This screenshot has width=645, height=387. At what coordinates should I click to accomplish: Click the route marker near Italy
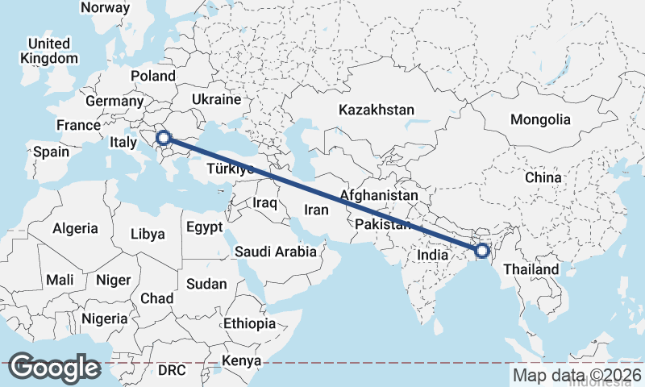click(x=164, y=139)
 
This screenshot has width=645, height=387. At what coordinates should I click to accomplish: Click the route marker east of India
click(x=481, y=251)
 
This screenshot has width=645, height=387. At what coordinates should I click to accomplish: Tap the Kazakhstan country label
click(x=377, y=110)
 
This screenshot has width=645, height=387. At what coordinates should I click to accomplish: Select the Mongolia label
click(x=540, y=119)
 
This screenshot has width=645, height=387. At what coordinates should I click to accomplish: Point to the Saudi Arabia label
click(x=276, y=252)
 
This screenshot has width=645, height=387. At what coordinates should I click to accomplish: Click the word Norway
click(x=106, y=7)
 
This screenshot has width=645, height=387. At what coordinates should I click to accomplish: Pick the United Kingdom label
click(x=50, y=51)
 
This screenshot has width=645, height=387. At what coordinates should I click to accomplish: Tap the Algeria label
click(x=75, y=228)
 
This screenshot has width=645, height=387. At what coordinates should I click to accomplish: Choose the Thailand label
click(x=531, y=269)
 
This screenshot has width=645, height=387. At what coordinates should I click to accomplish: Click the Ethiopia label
click(x=250, y=323)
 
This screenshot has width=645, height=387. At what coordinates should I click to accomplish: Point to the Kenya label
click(x=242, y=360)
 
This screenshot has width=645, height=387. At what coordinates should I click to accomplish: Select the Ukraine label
click(x=216, y=99)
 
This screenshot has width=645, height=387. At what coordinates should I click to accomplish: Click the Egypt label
click(x=204, y=227)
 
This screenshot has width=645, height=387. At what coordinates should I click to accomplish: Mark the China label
click(x=542, y=177)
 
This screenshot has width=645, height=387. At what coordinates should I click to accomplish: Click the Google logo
click(x=54, y=368)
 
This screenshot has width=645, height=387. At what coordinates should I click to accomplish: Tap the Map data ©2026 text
click(x=576, y=375)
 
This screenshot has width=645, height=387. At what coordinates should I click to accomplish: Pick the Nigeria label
click(x=105, y=318)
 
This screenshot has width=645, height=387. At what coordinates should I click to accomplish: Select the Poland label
click(x=153, y=76)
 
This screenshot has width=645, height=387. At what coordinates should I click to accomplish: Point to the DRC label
click(x=171, y=370)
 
